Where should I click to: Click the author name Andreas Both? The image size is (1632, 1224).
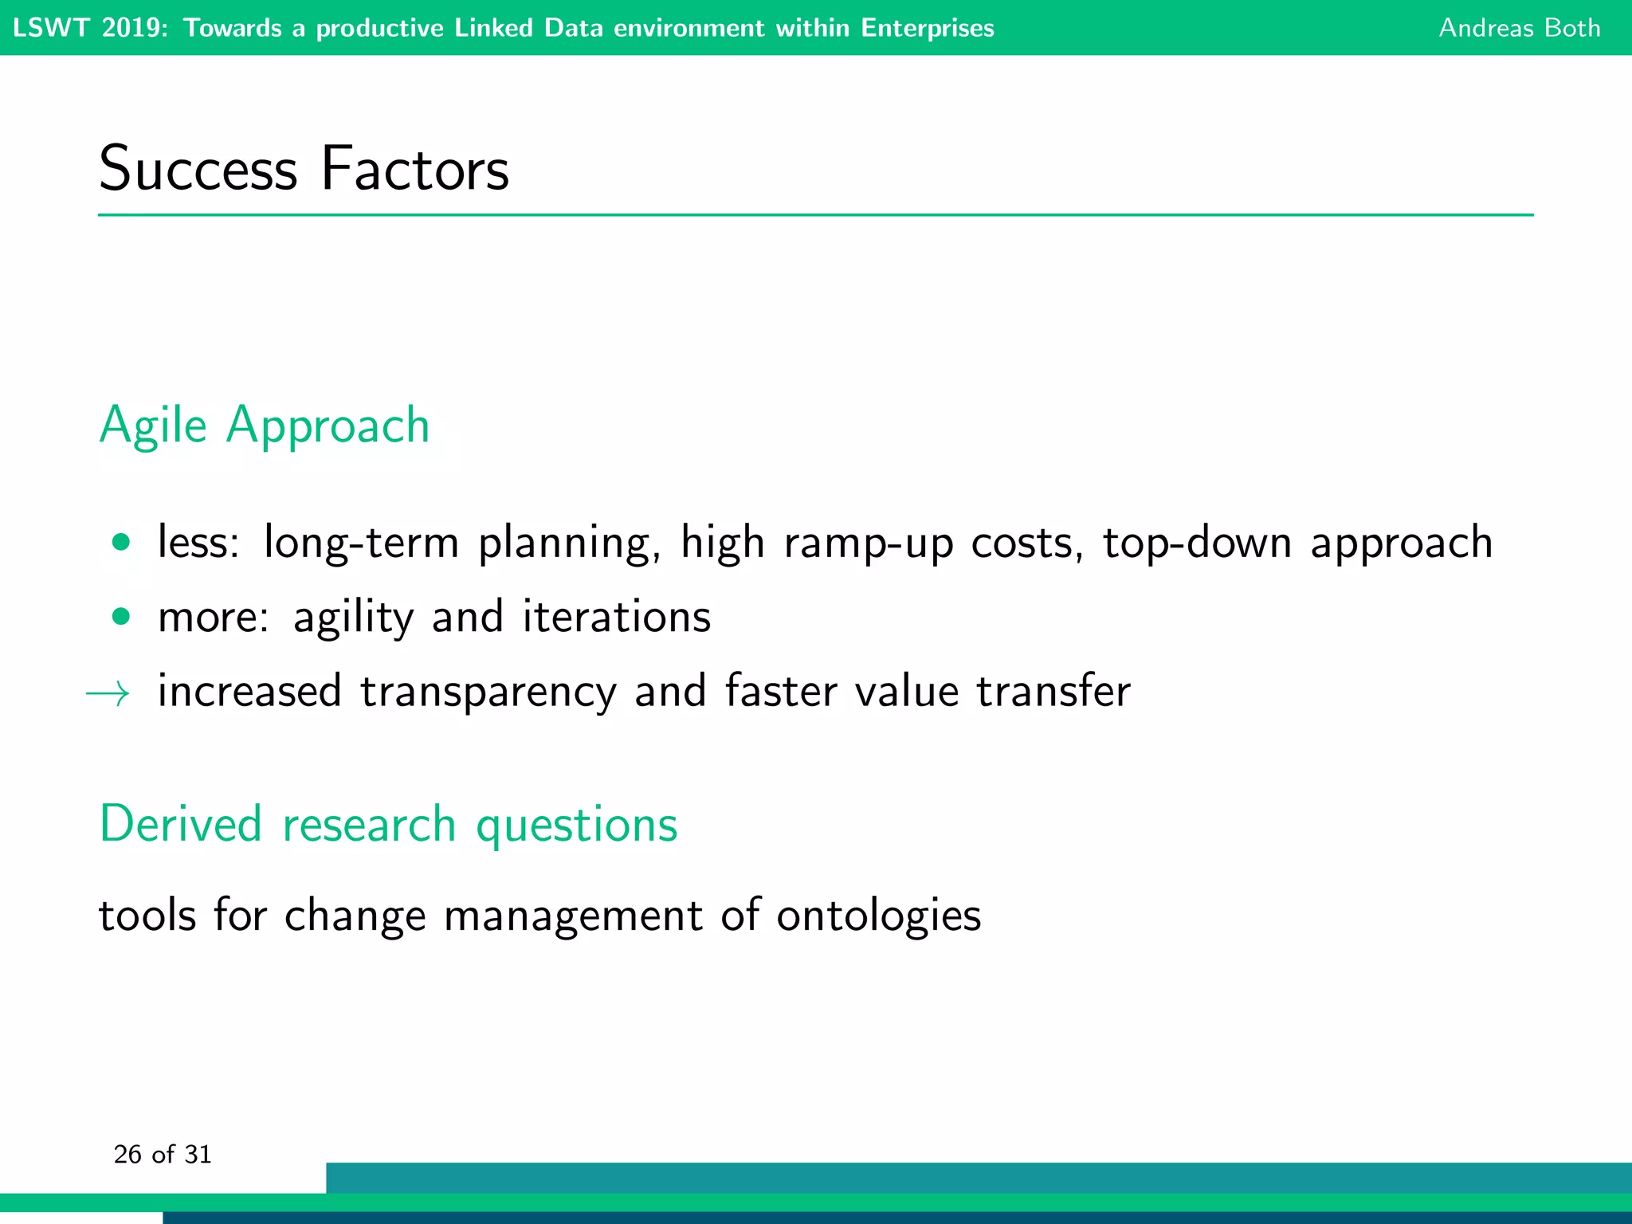tap(1519, 28)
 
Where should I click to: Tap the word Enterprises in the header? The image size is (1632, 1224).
tap(927, 28)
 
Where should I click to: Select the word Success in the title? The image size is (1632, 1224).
tap(198, 169)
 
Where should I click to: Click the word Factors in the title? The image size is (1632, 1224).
tap(414, 169)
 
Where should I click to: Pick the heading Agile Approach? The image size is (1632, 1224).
tap(264, 426)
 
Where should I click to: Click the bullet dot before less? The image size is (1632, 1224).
tap(121, 543)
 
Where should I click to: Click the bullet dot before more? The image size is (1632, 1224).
tap(121, 616)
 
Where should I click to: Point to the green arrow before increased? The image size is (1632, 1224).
tap(108, 693)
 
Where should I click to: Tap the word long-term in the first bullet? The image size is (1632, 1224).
tap(361, 543)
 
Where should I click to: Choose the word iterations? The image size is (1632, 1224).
tap(616, 617)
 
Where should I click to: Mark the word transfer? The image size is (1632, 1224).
tap(1053, 691)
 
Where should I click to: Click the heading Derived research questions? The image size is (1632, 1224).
tap(388, 824)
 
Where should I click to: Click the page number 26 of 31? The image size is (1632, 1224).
tap(163, 1155)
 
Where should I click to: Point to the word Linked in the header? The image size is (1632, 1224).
tap(493, 28)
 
